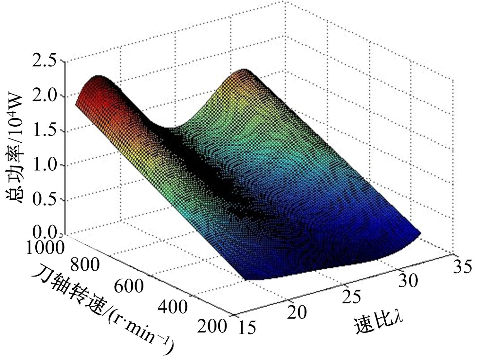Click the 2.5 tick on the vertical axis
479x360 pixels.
pyautogui.click(x=45, y=62)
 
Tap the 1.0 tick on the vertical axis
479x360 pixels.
pyautogui.click(x=45, y=165)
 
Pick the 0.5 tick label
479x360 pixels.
pyautogui.click(x=45, y=200)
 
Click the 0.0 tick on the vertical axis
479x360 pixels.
pyautogui.click(x=45, y=233)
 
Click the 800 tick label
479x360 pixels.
pyautogui.click(x=84, y=264)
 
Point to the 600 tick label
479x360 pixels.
pyautogui.click(x=129, y=286)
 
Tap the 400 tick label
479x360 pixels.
pyautogui.click(x=173, y=307)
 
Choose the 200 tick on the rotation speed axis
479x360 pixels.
pyautogui.click(x=212, y=326)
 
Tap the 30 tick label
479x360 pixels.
pyautogui.click(x=408, y=281)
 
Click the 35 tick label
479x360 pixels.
pyautogui.click(x=462, y=266)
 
